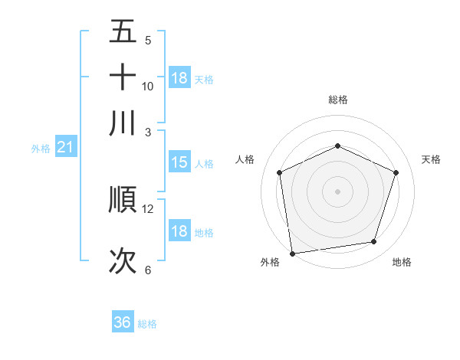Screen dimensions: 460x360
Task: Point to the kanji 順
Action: [123, 200]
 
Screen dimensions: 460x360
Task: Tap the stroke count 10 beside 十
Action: [148, 86]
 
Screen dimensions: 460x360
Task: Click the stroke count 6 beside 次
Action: [148, 270]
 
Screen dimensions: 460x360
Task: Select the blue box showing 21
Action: [65, 147]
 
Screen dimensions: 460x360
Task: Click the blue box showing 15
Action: [179, 162]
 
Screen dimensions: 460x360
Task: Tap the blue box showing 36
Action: [123, 322]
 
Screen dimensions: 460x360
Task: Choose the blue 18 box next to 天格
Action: [179, 77]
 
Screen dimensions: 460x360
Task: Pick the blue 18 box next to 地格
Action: [179, 231]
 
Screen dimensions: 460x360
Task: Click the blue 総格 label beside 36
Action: [147, 324]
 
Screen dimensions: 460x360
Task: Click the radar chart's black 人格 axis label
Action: [245, 159]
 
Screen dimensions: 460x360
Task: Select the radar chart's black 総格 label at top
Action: [337, 100]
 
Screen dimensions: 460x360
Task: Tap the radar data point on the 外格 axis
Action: [292, 253]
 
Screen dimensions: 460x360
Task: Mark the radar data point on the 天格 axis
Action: [396, 172]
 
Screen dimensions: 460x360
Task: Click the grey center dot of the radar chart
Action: [337, 191]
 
